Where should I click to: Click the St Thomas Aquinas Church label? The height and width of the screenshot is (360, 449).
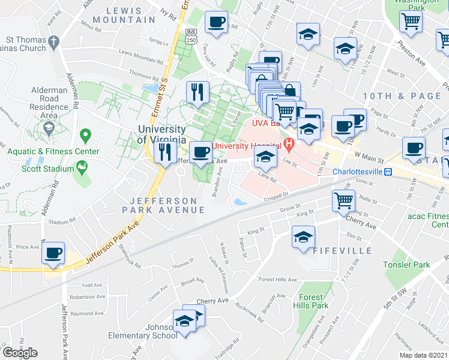(25, 44)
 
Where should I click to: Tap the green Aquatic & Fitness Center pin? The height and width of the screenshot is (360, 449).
(85, 137)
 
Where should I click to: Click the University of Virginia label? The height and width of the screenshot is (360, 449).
(161, 134)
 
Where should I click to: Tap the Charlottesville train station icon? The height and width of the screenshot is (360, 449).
(388, 172)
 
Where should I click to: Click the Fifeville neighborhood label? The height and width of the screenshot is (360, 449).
(333, 250)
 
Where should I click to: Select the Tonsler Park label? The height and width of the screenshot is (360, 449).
(407, 265)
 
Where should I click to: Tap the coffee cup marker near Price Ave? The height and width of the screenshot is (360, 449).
(53, 253)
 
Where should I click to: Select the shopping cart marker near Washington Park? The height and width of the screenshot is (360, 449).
(411, 21)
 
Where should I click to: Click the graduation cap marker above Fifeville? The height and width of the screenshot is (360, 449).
(304, 236)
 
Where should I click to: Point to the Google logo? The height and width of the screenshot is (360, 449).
(20, 353)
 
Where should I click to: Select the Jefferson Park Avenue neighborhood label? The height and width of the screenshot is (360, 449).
(163, 205)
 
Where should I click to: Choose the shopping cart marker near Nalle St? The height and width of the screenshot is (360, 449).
(343, 200)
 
